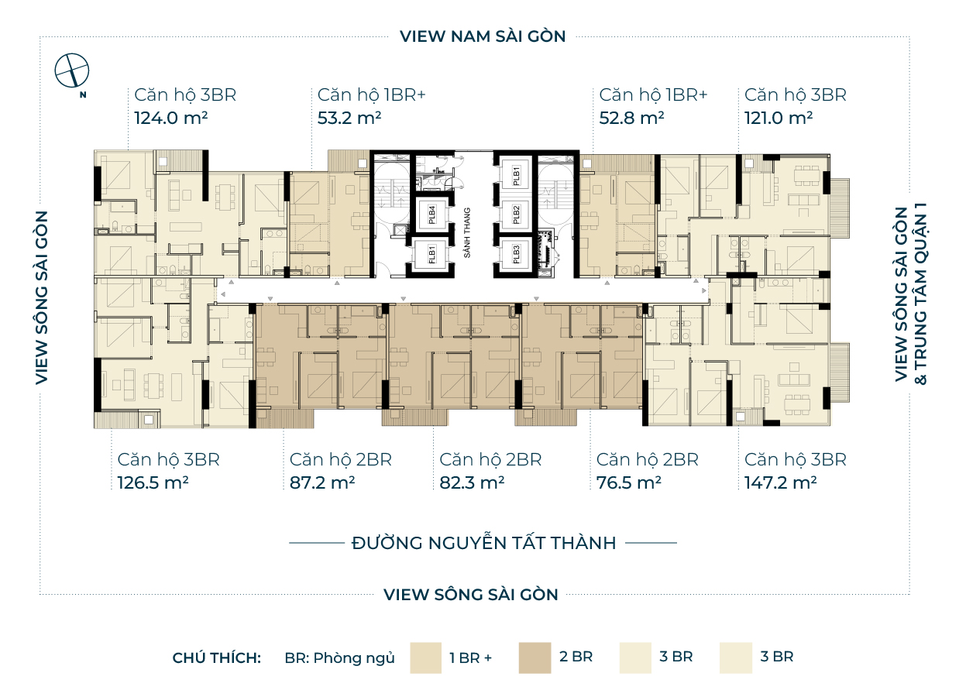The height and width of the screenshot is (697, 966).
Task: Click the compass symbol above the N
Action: (71, 70)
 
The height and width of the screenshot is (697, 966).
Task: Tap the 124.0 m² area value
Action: (171, 118)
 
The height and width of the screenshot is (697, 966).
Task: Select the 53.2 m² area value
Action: (349, 118)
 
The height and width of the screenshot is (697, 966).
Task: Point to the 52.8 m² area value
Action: (632, 118)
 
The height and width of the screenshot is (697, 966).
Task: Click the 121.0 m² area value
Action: (779, 118)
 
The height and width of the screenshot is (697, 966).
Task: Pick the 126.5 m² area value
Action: (153, 482)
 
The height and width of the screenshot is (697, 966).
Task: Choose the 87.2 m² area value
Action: (322, 482)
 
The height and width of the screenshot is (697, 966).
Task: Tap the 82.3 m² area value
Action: (473, 482)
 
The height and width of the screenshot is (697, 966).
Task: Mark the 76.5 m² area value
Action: (629, 482)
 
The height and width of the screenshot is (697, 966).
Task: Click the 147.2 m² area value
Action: (781, 482)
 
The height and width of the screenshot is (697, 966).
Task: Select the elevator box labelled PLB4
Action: (431, 215)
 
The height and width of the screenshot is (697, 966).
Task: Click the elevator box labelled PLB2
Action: (516, 215)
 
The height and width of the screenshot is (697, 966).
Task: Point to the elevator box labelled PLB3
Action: (516, 254)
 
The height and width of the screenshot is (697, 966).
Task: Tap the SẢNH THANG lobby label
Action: (467, 233)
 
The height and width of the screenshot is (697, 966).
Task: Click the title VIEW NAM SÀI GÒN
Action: (483, 36)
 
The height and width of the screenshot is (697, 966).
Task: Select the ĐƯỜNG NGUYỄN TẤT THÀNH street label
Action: (484, 543)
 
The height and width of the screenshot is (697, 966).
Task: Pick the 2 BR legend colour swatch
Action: (535, 658)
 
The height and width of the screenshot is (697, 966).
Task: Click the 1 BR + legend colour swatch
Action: (425, 658)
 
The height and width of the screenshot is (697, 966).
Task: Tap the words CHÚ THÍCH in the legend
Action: (216, 658)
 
